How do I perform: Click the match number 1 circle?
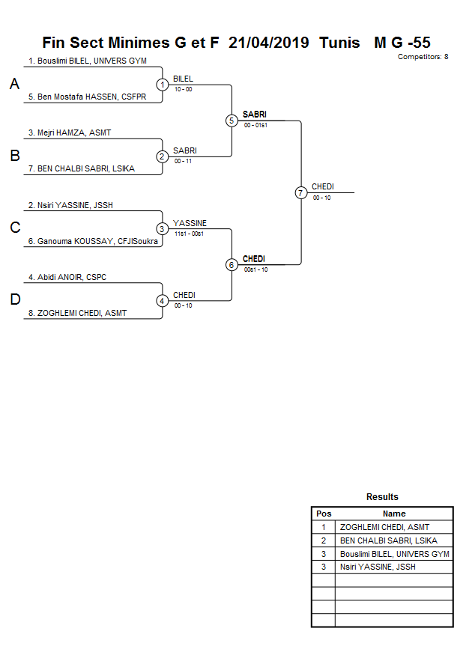click(x=162, y=85)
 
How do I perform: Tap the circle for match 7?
click(x=301, y=192)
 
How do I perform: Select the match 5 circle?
click(x=232, y=121)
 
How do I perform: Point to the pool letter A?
click(x=14, y=85)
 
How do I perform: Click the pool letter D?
click(x=14, y=300)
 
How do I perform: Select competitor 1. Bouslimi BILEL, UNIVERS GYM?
click(x=87, y=61)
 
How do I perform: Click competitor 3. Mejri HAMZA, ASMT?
click(x=70, y=133)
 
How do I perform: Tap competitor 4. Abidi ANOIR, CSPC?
click(x=67, y=277)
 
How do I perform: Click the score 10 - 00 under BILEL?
click(x=183, y=89)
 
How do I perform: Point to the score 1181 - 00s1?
click(x=189, y=234)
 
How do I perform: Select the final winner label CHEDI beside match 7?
click(x=322, y=186)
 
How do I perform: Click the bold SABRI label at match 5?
click(x=254, y=115)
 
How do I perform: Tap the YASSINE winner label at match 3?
click(x=190, y=223)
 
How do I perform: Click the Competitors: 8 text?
click(x=423, y=57)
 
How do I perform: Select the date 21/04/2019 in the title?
click(x=268, y=43)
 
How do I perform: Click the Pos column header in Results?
click(x=324, y=514)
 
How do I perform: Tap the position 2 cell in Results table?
click(x=324, y=540)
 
